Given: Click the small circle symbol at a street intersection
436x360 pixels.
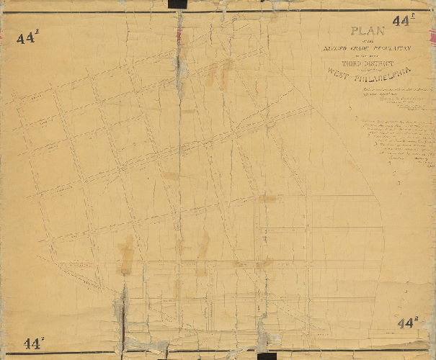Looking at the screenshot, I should pyautogui.click(x=176, y=227).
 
